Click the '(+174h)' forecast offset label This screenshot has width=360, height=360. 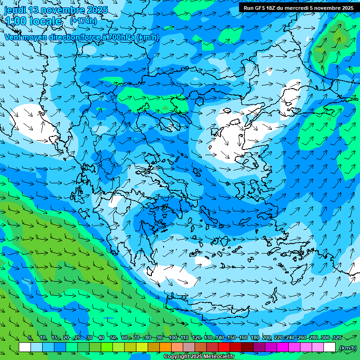83,21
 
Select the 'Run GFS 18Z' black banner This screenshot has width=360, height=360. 299,8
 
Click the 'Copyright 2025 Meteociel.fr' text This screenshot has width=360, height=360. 199,357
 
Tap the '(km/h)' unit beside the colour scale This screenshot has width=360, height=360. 347,348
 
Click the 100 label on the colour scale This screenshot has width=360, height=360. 172,338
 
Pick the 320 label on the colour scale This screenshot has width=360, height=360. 337,338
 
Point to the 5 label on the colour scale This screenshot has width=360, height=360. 30,338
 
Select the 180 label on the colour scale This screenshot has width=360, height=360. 255,338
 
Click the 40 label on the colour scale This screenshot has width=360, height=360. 101,338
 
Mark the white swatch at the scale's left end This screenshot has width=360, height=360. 25,347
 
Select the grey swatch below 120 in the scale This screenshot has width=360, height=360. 189,347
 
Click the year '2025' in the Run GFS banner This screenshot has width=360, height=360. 345,8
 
